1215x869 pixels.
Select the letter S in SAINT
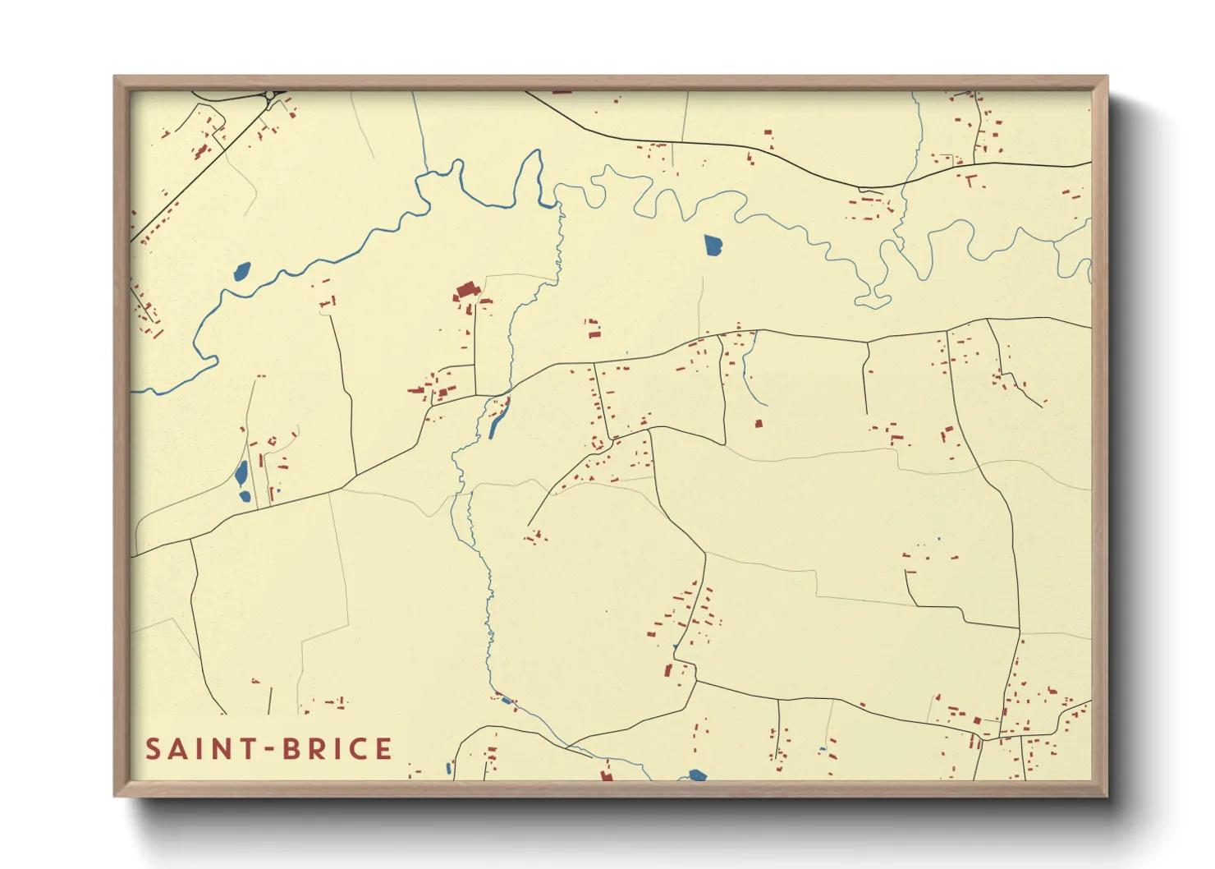click(x=153, y=749)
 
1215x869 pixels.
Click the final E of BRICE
click(x=383, y=749)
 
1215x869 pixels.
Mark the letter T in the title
click(x=244, y=749)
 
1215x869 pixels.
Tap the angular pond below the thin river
click(x=713, y=244)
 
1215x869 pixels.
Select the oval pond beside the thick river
click(x=241, y=271)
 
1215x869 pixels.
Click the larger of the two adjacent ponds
click(x=241, y=473)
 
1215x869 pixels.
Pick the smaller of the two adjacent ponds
click(x=245, y=495)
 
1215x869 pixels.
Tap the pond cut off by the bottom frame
click(x=697, y=775)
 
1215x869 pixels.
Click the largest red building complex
click(x=466, y=291)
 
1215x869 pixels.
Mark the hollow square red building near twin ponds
click(x=272, y=443)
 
